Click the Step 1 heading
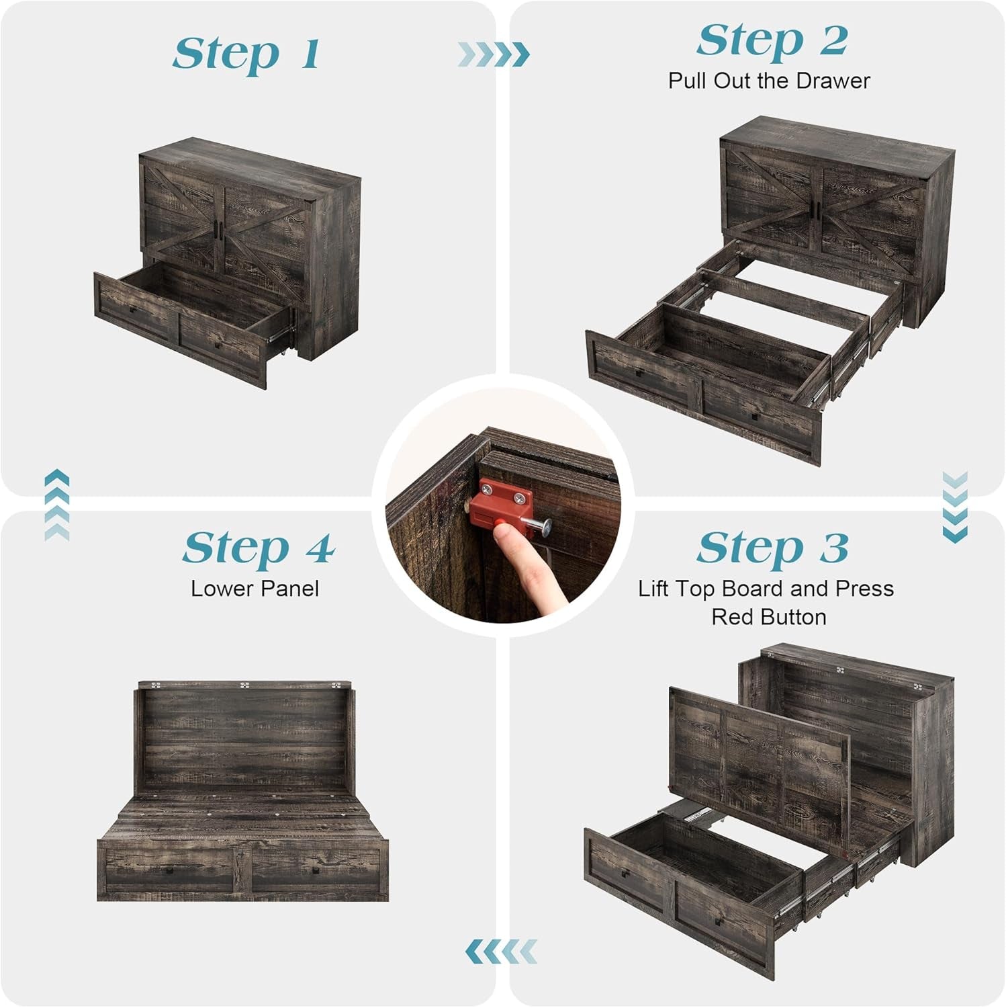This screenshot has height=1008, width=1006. point(246,54)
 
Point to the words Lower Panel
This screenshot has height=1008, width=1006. point(255,589)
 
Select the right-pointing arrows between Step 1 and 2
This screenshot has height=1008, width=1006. point(494,54)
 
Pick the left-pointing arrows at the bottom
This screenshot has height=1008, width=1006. point(501,951)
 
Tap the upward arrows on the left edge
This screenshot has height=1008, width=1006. point(57,505)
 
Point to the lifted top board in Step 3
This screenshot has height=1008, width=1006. point(759,753)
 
